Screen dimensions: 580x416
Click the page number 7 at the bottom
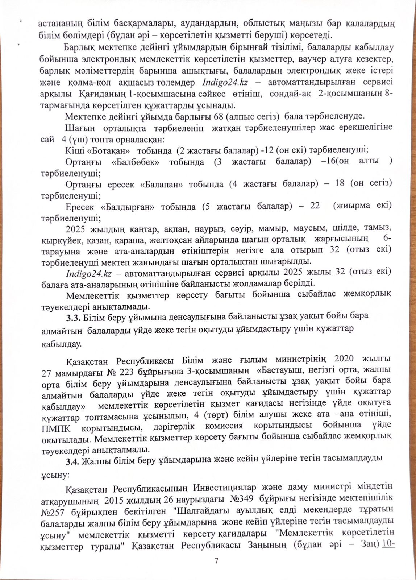(216, 561)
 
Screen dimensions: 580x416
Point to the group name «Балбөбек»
(136, 162)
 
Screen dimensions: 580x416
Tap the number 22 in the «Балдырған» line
(315, 206)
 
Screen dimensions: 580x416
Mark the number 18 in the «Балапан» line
(340, 183)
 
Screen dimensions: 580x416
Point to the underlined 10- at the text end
(388, 544)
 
